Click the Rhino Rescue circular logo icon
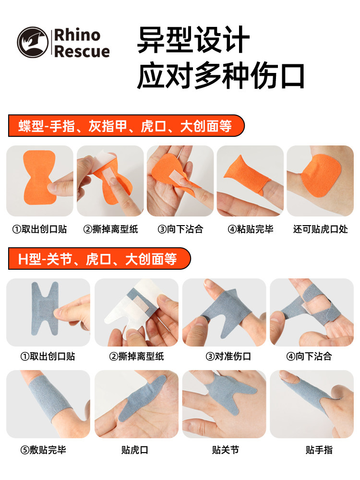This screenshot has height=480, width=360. pyautogui.click(x=33, y=43)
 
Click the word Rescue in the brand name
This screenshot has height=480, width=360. pyautogui.click(x=82, y=51)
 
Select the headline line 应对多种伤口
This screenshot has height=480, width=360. pyautogui.click(x=221, y=76)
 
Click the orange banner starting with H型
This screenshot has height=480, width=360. pyautogui.click(x=98, y=259)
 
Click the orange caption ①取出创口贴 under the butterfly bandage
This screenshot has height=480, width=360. pyautogui.click(x=39, y=229)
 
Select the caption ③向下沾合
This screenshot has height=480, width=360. pyautogui.click(x=180, y=229)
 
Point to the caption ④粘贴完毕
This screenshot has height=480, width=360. pyautogui.click(x=250, y=229)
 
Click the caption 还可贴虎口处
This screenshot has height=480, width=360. pyautogui.click(x=320, y=229)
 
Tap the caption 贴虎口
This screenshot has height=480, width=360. pyautogui.click(x=135, y=450)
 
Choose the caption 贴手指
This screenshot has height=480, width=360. pyautogui.click(x=319, y=450)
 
